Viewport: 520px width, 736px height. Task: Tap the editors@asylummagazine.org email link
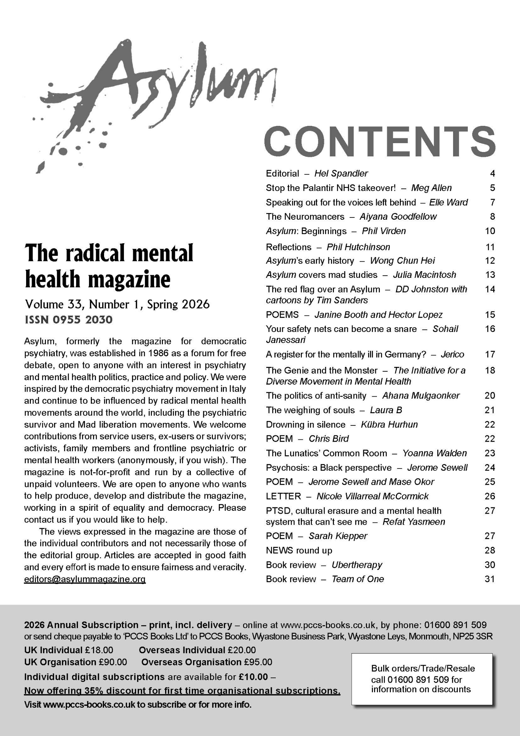click(x=85, y=579)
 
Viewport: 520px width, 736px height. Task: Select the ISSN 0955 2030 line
click(x=68, y=319)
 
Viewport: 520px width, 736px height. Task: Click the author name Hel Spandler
click(x=341, y=173)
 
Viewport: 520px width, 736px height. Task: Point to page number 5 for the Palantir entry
click(x=492, y=188)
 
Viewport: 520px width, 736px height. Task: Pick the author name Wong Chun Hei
click(x=402, y=261)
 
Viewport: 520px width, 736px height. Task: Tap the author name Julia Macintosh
click(x=424, y=275)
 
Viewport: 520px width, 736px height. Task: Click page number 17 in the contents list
click(x=490, y=354)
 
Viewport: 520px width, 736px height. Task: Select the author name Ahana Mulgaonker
click(x=421, y=396)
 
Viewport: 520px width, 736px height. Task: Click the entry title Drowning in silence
click(x=306, y=424)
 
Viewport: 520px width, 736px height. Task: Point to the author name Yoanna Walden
click(x=434, y=453)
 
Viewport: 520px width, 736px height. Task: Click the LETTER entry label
click(x=283, y=496)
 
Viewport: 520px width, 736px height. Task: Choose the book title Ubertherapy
click(x=357, y=565)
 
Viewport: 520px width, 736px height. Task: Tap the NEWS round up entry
click(x=299, y=550)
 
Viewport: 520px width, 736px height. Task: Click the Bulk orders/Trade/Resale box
click(x=421, y=679)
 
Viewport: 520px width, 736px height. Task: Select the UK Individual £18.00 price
click(x=69, y=650)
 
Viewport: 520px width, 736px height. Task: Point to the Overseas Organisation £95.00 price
click(x=207, y=662)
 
